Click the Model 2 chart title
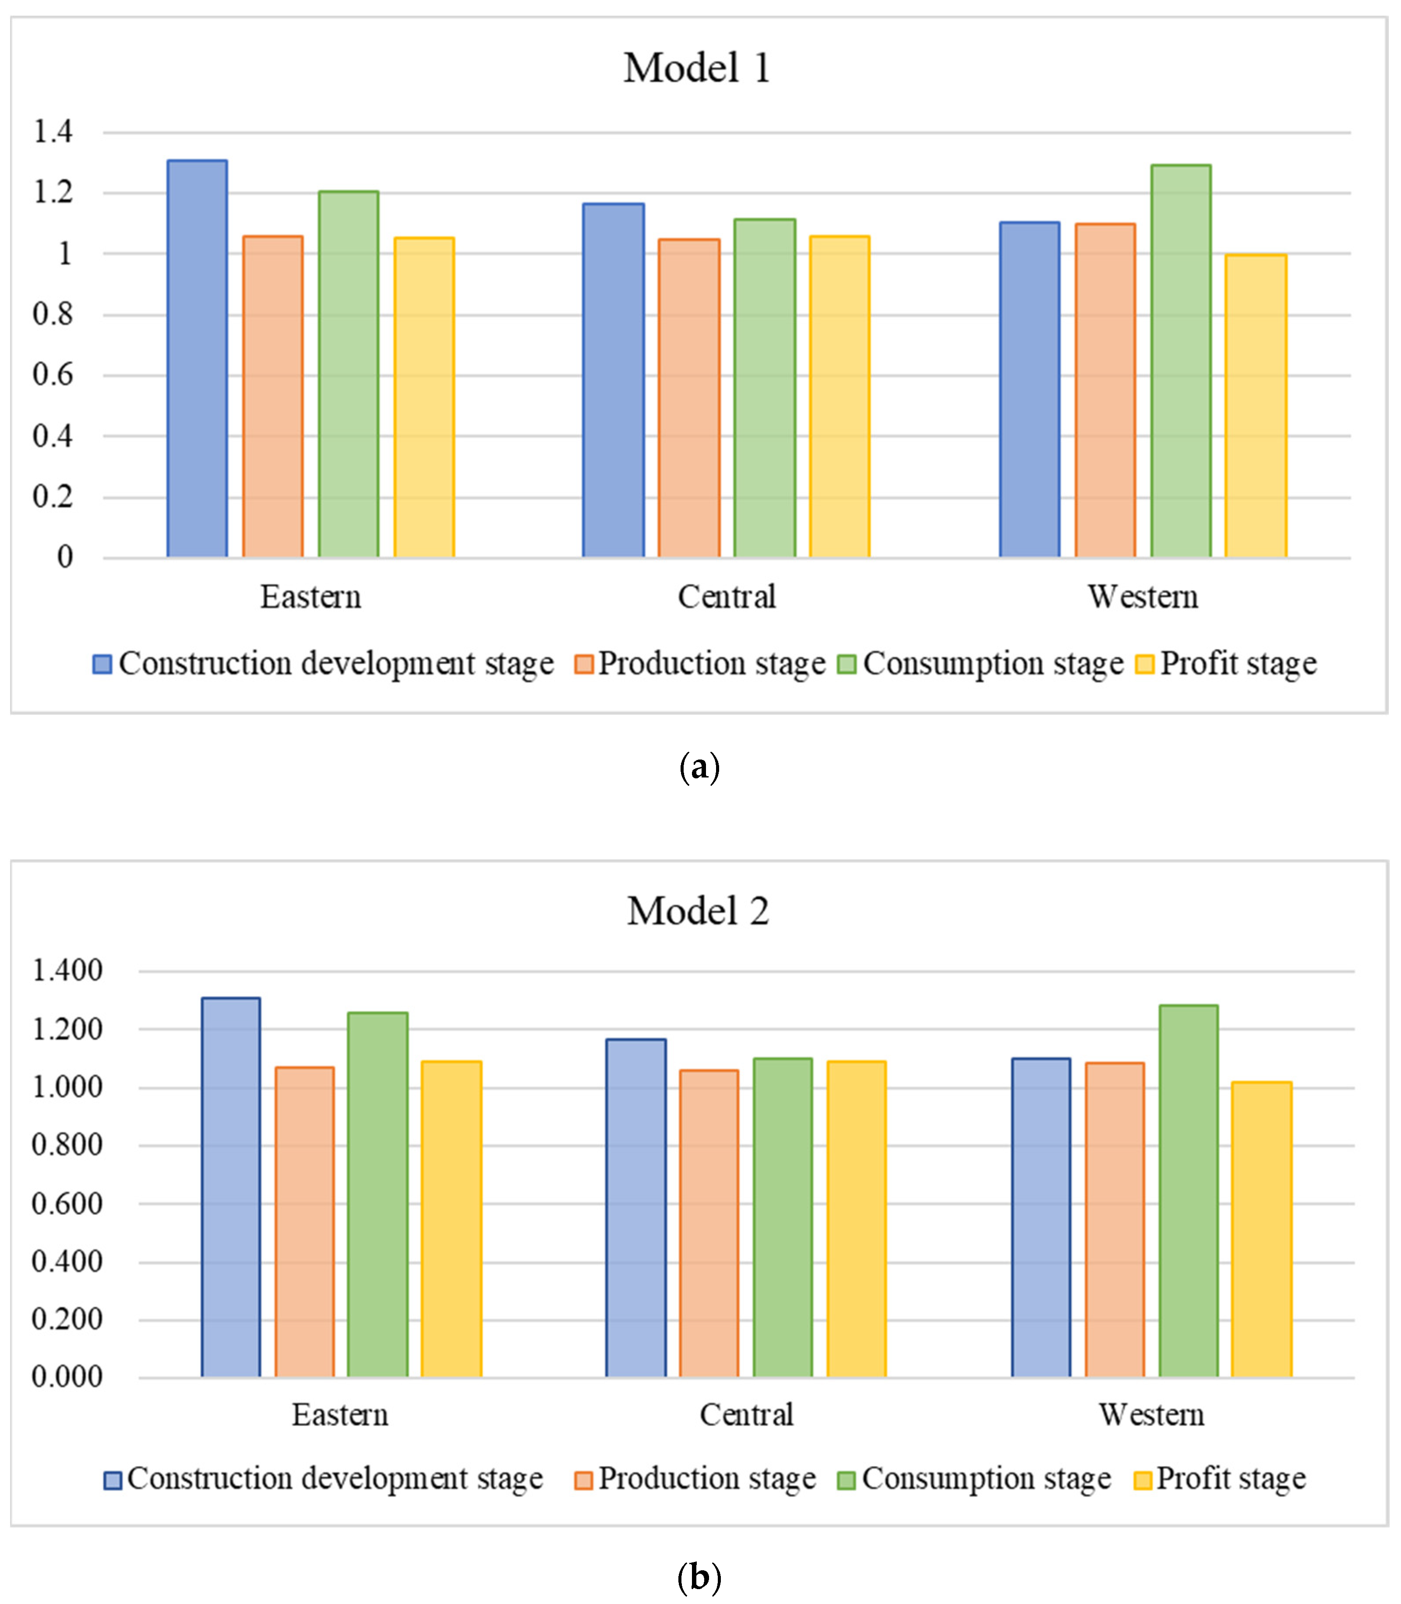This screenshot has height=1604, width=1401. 698,911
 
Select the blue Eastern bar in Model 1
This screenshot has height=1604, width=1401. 197,360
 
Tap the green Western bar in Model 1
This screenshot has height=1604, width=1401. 1181,361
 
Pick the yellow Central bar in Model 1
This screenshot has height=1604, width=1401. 839,397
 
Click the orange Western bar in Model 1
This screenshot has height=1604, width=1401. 1105,391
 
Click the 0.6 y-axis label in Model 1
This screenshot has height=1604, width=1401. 53,375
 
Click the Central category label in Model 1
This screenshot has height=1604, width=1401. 726,597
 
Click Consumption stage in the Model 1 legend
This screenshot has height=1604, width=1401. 993,664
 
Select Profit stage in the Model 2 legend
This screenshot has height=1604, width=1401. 1231,1479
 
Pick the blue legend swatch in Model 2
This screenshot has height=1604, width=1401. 113,1480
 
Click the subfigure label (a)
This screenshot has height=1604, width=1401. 699,767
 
